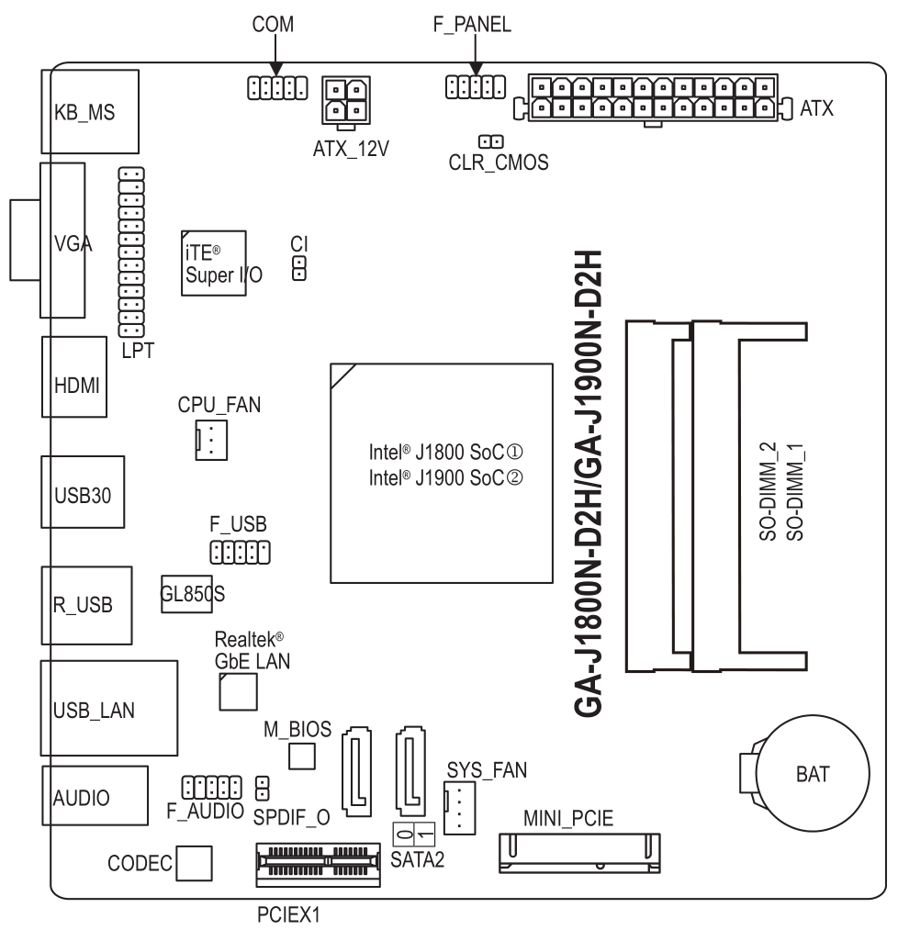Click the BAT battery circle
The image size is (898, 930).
812,773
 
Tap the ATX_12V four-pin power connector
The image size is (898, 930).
345,99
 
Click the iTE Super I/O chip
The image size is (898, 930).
213,262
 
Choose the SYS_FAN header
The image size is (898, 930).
456,808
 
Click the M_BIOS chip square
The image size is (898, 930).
302,756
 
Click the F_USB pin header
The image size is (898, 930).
239,552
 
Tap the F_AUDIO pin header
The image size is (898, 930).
211,787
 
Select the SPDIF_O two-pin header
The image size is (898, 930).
262,787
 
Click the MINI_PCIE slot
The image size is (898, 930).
581,852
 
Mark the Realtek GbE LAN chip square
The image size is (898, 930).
237,691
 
